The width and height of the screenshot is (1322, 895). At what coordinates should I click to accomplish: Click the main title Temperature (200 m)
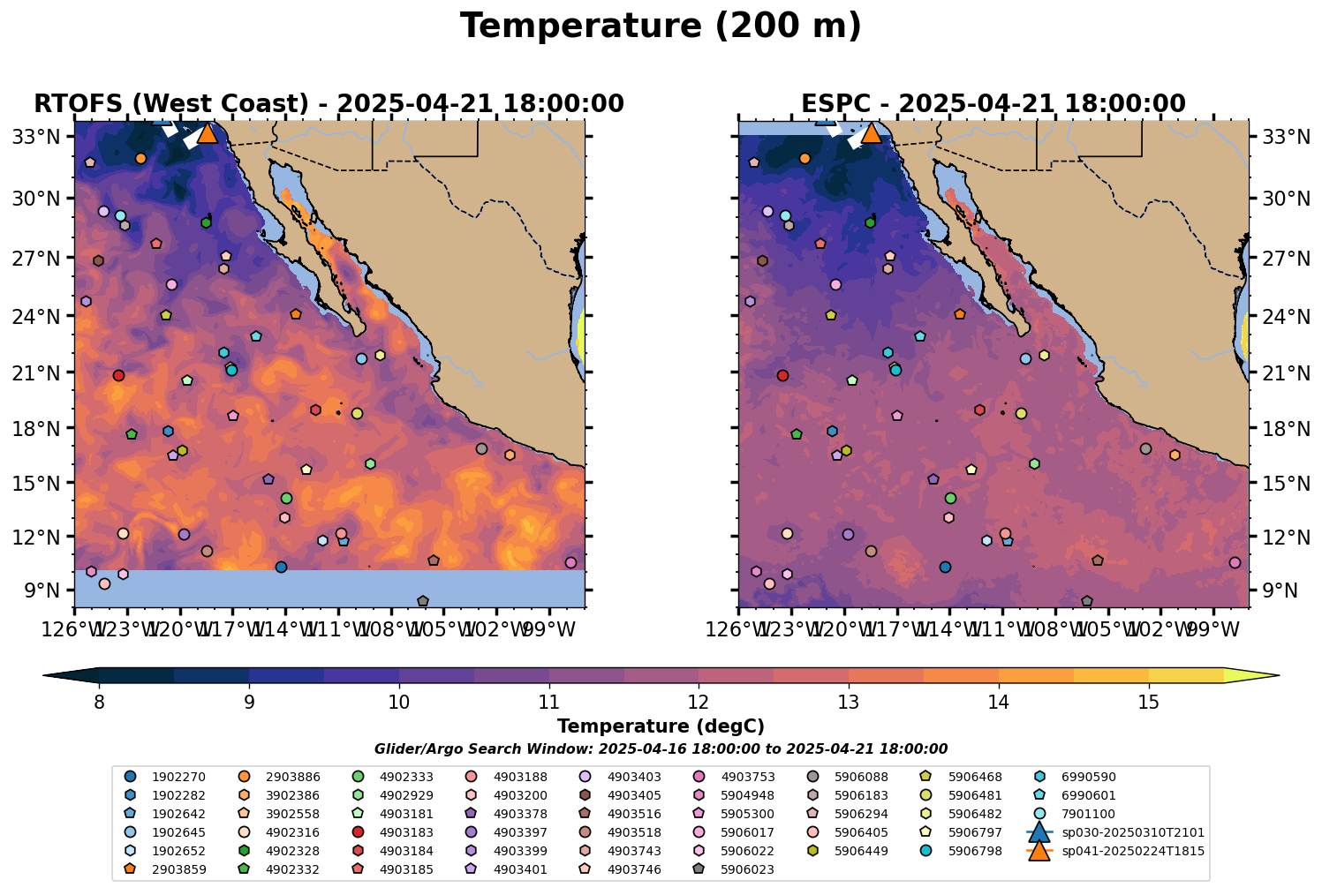[x=661, y=26]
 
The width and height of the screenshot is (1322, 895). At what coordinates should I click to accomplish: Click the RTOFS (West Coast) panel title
[x=329, y=104]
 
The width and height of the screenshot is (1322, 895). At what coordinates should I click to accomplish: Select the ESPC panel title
[x=993, y=104]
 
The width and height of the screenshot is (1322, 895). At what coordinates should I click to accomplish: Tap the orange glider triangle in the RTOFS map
[x=208, y=133]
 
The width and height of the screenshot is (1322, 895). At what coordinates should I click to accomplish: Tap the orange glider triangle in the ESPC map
[x=871, y=133]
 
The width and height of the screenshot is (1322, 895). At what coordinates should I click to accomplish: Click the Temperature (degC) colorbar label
[x=661, y=726]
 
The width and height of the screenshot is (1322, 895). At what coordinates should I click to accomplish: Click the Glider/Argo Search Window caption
[x=661, y=748]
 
